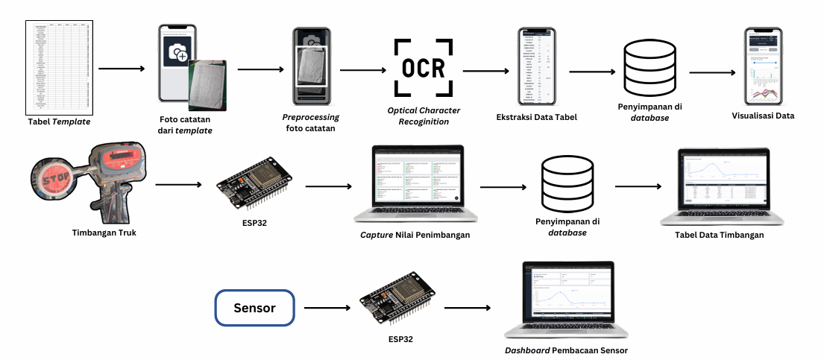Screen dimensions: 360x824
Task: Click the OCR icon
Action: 423,69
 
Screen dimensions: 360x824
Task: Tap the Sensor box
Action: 254,308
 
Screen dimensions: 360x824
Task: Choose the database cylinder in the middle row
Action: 568,183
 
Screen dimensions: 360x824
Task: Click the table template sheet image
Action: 62,66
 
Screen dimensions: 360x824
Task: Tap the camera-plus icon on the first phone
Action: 179,52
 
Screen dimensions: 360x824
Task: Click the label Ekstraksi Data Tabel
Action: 536,117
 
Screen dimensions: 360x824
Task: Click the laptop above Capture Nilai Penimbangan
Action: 418,184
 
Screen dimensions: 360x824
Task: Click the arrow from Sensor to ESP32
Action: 329,307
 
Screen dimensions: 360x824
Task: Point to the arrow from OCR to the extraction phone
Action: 485,72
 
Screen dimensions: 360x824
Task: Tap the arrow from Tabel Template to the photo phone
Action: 122,69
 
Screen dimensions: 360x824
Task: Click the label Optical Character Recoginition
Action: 423,116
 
